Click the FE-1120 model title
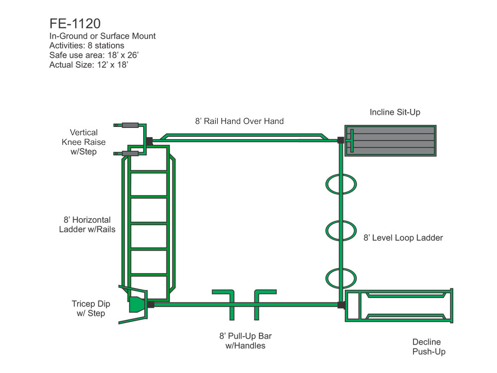point(75,23)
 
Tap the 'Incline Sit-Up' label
point(395,112)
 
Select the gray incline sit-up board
point(390,141)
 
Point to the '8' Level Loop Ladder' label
point(403,238)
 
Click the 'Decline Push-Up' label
point(429,347)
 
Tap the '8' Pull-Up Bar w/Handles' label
point(246,341)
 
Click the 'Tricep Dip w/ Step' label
point(90,309)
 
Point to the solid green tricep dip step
point(137,304)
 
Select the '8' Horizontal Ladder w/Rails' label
point(87,225)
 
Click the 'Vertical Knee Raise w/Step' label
point(83,142)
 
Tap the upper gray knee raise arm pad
point(130,125)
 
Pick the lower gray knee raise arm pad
point(130,154)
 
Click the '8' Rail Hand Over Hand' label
point(240,121)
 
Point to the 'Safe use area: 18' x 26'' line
point(94,55)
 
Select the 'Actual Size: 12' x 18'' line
point(89,65)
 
